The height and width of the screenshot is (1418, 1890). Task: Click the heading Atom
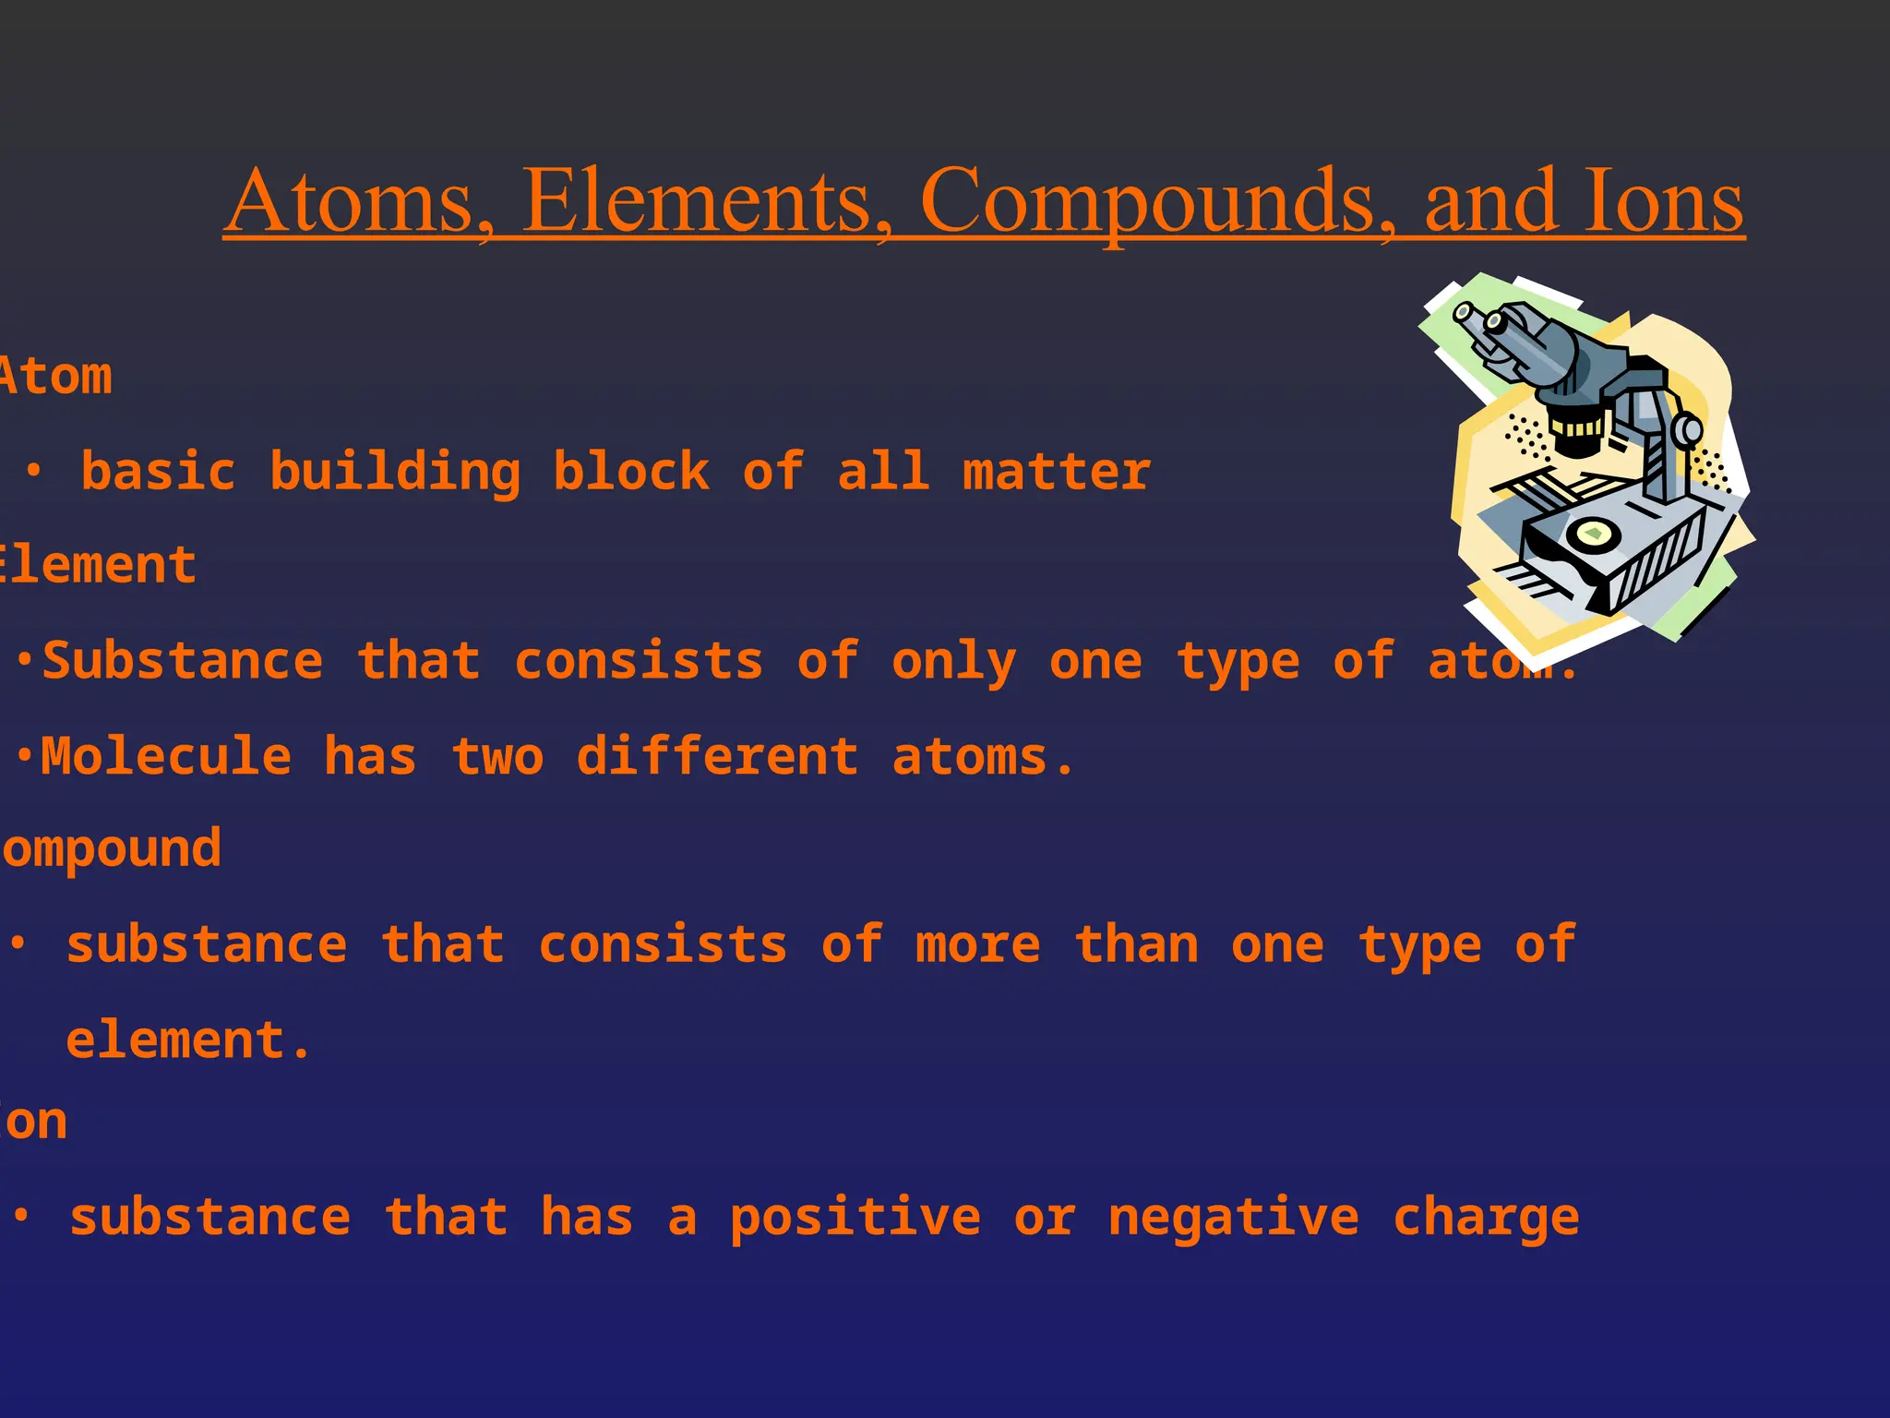click(x=55, y=377)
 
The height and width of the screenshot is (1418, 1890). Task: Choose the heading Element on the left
click(x=97, y=565)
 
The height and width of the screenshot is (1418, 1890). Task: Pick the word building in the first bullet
click(x=395, y=473)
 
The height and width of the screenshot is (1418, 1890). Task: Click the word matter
click(x=1057, y=473)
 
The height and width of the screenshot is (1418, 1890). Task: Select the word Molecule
click(x=166, y=757)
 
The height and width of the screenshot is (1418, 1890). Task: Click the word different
click(x=717, y=757)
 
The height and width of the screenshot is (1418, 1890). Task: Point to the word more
click(x=977, y=945)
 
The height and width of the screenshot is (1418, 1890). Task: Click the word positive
click(x=855, y=1218)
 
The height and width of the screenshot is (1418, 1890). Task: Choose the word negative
click(x=1233, y=1218)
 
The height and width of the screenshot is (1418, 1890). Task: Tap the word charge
click(x=1485, y=1218)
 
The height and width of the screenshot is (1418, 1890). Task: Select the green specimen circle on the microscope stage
click(x=1593, y=533)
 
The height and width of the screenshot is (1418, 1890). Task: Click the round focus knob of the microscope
click(x=1688, y=430)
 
